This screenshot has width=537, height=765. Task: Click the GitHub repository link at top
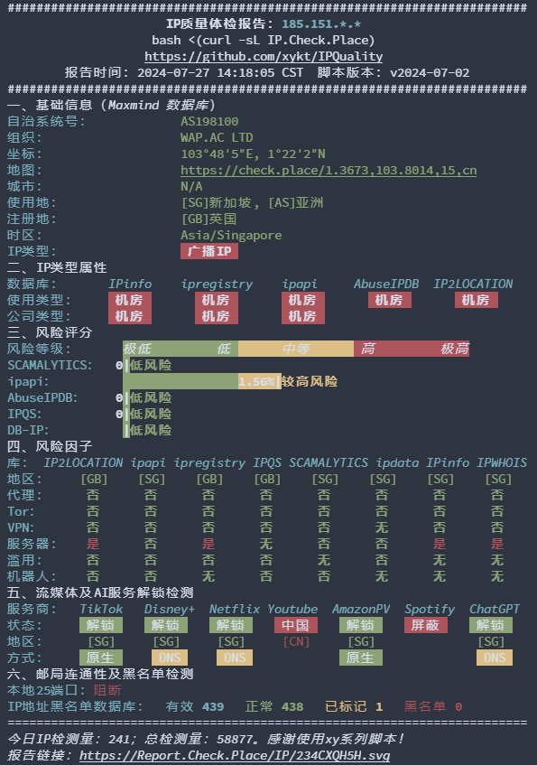(264, 57)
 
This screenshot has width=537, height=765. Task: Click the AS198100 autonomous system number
(209, 122)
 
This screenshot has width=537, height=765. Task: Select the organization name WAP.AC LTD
(217, 137)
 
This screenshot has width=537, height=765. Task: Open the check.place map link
(329, 171)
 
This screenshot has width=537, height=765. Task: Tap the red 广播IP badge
(209, 251)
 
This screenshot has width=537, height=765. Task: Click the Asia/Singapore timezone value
(231, 235)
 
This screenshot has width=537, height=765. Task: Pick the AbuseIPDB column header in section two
(386, 284)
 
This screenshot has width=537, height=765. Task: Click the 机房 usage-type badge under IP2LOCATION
(477, 300)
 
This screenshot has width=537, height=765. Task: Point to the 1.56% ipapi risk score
(256, 381)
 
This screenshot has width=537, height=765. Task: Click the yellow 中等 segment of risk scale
(296, 349)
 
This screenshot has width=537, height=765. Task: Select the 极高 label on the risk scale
(455, 349)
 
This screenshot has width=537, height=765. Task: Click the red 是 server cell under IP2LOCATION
(93, 544)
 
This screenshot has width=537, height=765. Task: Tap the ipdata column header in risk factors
(397, 463)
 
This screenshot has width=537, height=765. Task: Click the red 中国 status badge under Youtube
(296, 626)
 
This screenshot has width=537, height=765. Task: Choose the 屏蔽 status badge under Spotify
(426, 626)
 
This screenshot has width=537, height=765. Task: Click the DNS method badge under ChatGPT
(495, 658)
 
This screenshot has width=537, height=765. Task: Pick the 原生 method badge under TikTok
(101, 658)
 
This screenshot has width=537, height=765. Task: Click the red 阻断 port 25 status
(107, 690)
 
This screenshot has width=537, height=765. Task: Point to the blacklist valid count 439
(213, 707)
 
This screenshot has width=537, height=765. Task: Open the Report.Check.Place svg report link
(235, 756)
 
